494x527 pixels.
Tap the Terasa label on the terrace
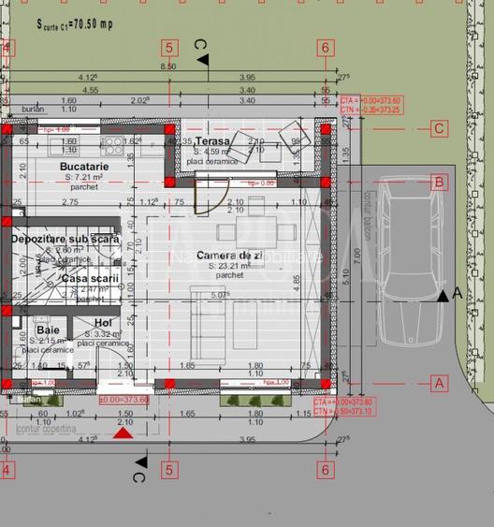pos(212,140)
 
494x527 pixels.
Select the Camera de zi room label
pos(211,256)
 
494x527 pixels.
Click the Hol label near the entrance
pos(103,323)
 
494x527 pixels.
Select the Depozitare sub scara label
pos(65,240)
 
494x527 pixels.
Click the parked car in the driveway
pos(405,266)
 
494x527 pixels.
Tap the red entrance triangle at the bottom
pos(123,433)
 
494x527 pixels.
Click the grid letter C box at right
pos(438,129)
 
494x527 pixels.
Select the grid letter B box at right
pos(438,183)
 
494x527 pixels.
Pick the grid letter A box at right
pos(438,382)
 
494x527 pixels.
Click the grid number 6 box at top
pos(325,47)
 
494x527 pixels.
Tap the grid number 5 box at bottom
pos(169,470)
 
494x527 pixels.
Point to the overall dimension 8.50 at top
pos(168,67)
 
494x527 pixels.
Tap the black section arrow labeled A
pos(443,296)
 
